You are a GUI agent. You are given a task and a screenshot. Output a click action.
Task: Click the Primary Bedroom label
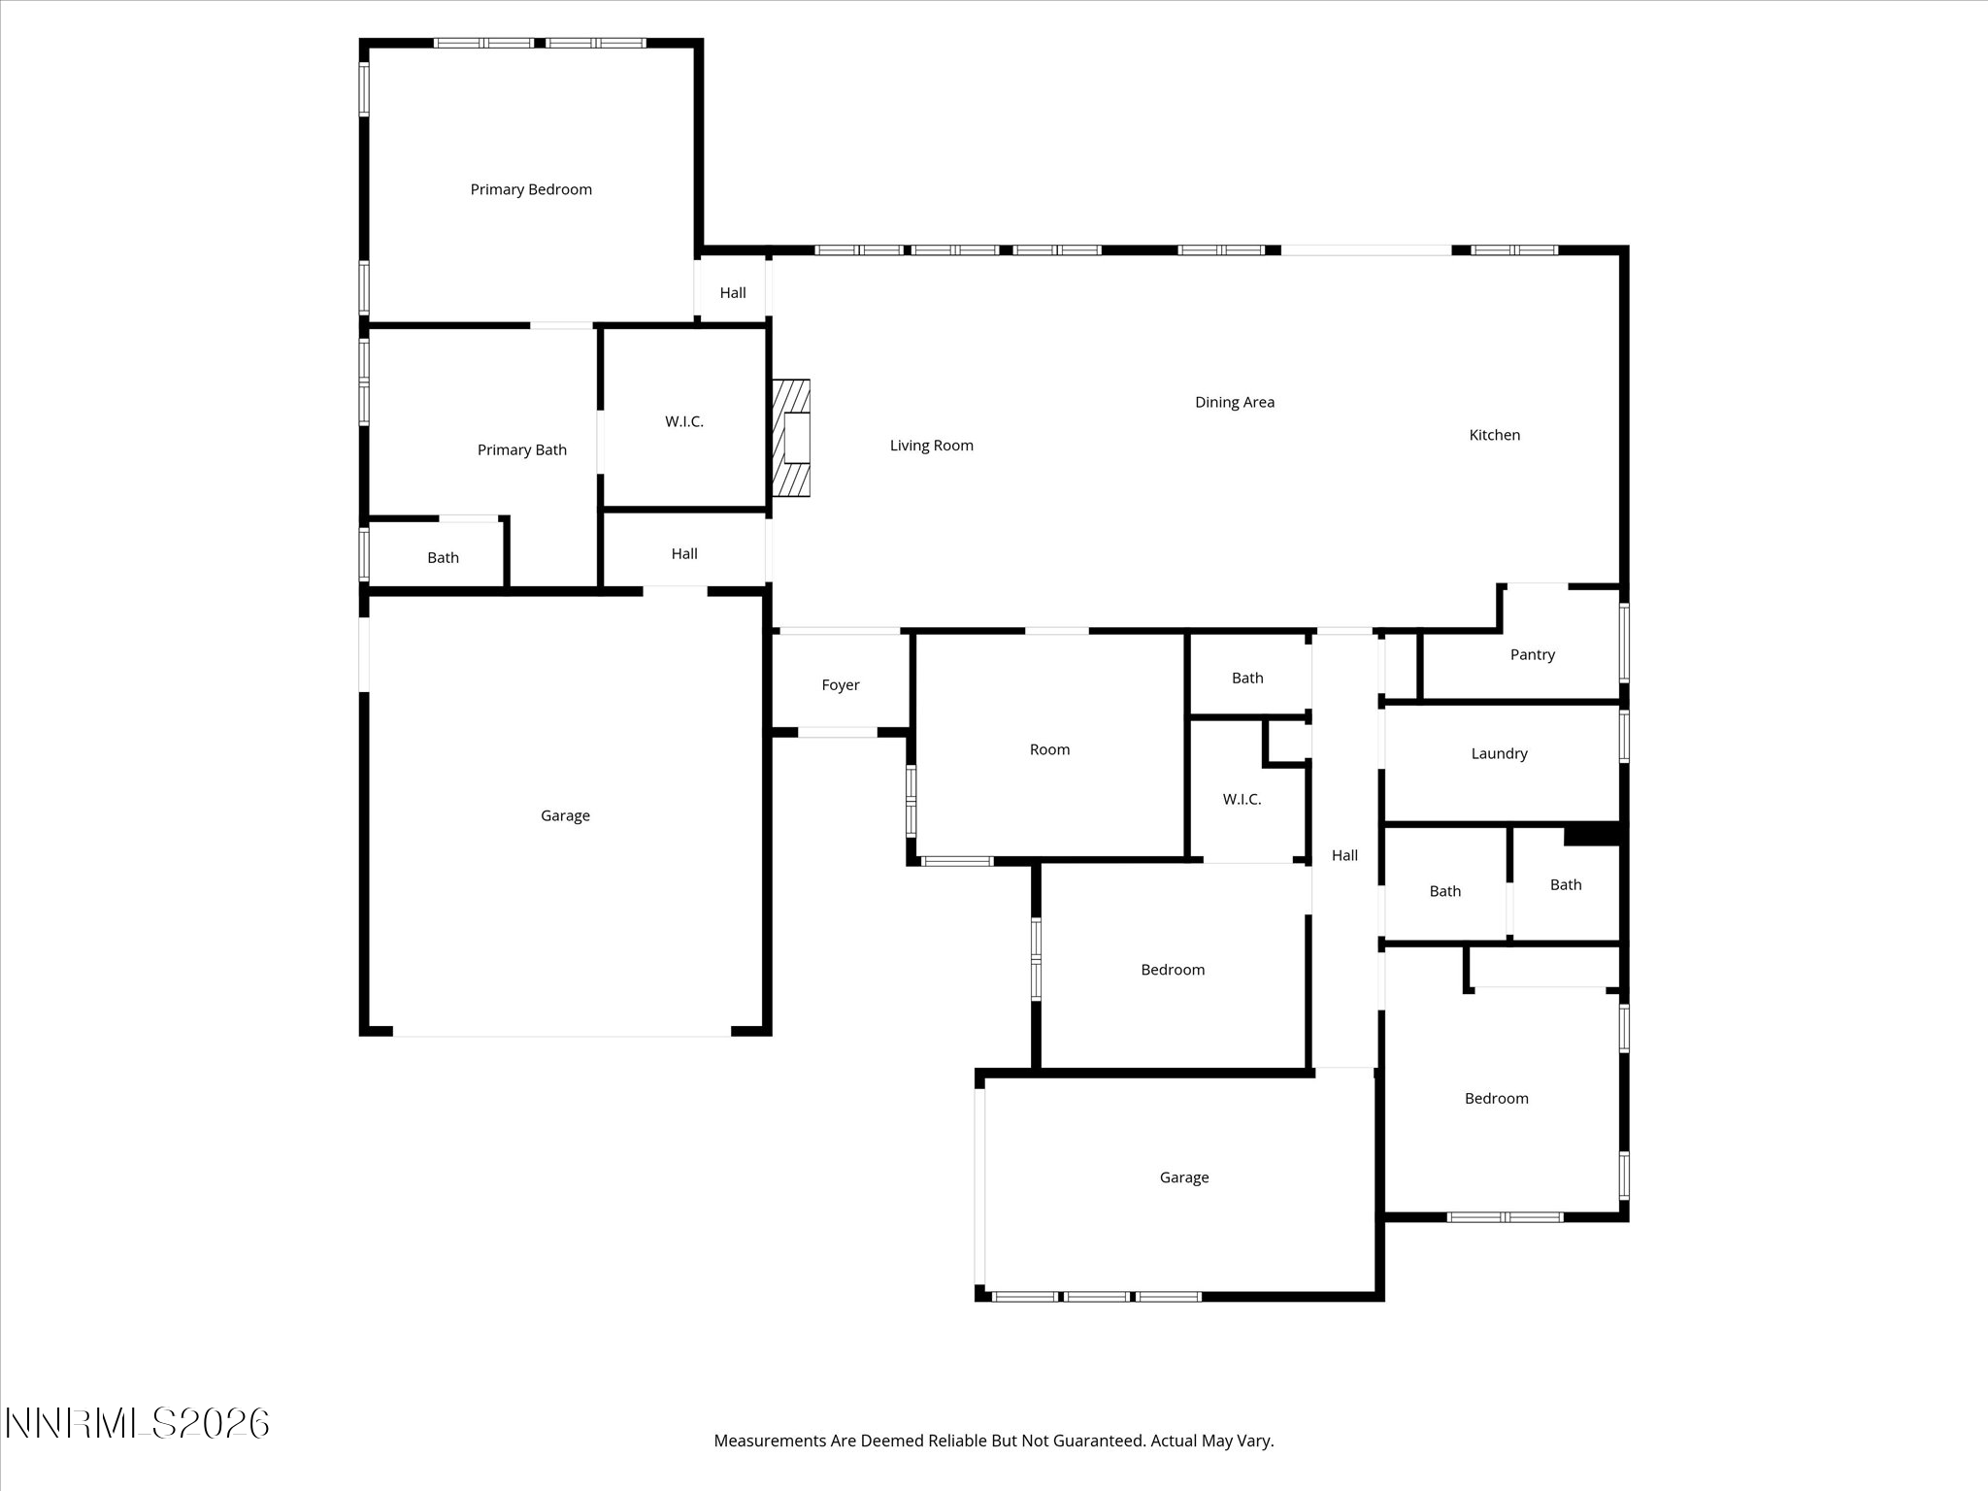tap(531, 189)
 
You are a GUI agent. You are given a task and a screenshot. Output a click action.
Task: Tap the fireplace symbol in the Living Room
tap(791, 438)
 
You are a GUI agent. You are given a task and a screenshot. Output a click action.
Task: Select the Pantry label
tap(1532, 655)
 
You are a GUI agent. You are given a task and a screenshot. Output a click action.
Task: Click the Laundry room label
tap(1499, 753)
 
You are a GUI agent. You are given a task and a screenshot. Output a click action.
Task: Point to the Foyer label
tap(840, 685)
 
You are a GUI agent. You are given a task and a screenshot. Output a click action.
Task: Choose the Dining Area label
tap(1234, 402)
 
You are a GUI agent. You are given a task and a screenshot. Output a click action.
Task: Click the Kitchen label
tap(1494, 435)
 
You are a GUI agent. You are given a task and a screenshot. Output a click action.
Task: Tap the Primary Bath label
tap(521, 449)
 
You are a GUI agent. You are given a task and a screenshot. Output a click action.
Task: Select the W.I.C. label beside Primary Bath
tap(683, 421)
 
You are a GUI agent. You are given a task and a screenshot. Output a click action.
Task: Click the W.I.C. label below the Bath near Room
tap(1242, 799)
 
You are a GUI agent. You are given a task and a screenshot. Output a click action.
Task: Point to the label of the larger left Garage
tap(565, 815)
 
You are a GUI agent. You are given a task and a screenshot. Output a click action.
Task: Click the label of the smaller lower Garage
tap(1183, 1177)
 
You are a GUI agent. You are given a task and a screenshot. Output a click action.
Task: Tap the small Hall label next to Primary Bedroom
tap(732, 293)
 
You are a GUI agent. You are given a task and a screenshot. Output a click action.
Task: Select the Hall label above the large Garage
tap(683, 553)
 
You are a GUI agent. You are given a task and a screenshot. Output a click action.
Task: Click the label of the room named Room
tap(1049, 749)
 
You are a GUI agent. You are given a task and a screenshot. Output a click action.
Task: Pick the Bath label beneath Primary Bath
tap(443, 557)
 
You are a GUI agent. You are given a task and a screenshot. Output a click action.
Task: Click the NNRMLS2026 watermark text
tap(137, 1424)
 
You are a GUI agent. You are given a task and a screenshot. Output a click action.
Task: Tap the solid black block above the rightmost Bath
tap(1592, 834)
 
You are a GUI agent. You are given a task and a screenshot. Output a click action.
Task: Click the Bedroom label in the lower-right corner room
tap(1496, 1099)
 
